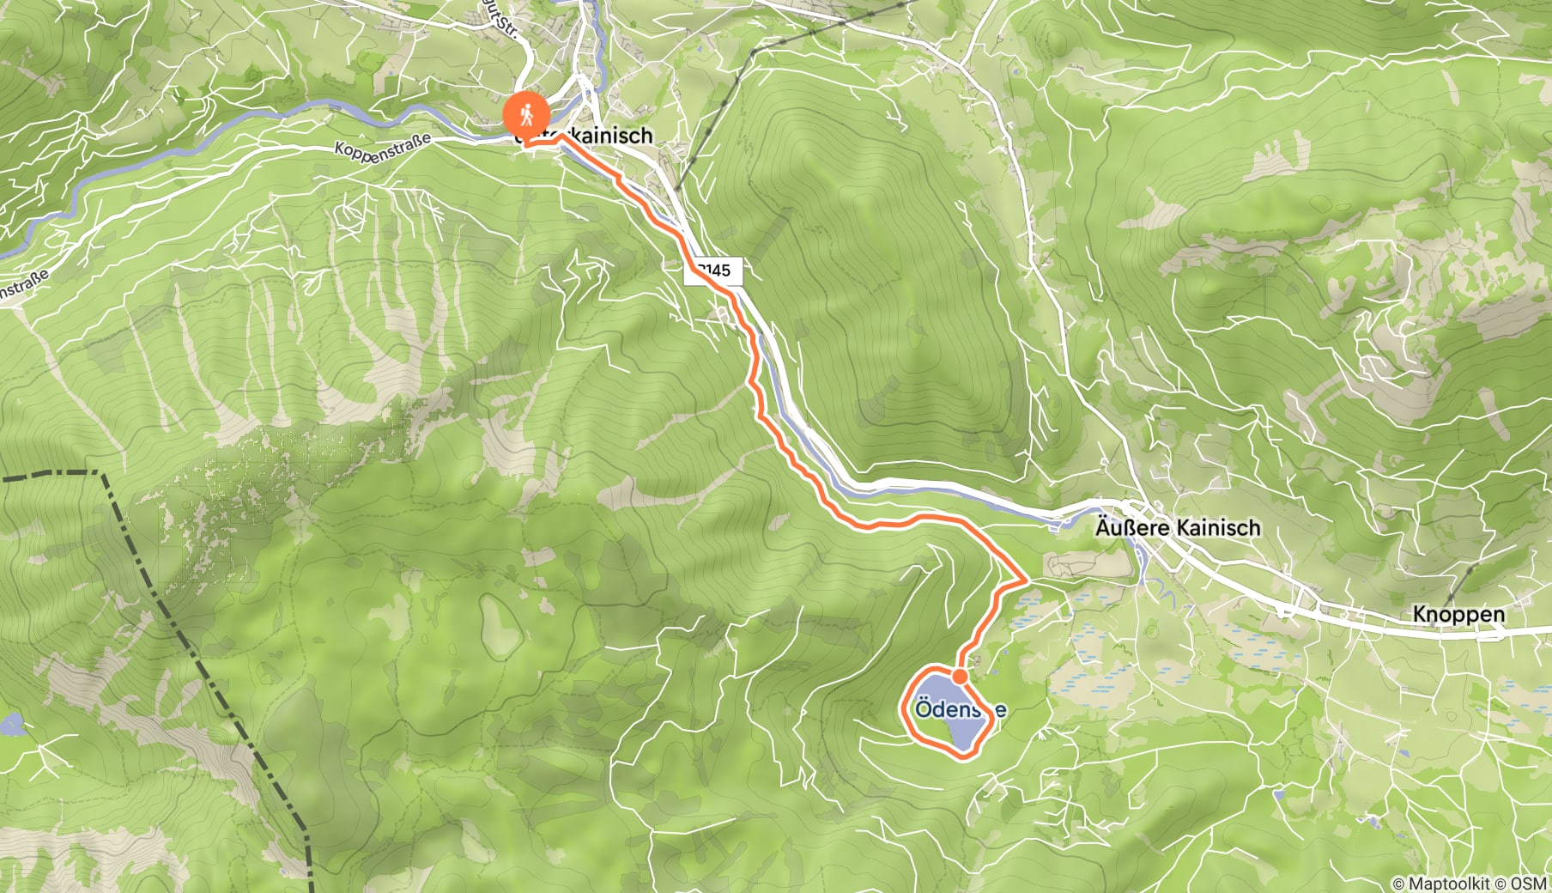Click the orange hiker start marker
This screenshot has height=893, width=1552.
pos(526,114)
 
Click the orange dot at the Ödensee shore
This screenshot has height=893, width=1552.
pos(961,677)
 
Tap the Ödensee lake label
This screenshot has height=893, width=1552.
pos(960,710)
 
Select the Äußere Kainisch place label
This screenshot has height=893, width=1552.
pos(1178,527)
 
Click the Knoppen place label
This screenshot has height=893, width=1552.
pos(1458,614)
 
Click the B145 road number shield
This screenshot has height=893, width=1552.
pos(714,270)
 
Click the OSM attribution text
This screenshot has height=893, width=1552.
pos(1529,883)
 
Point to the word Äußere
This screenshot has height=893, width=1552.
pos(1132,527)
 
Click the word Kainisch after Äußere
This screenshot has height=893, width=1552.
pos(1218,527)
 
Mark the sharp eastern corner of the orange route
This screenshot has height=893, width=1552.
pos(1027,580)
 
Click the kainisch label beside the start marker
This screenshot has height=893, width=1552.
pos(611,135)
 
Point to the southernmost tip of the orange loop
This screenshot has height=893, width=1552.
pos(966,756)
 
